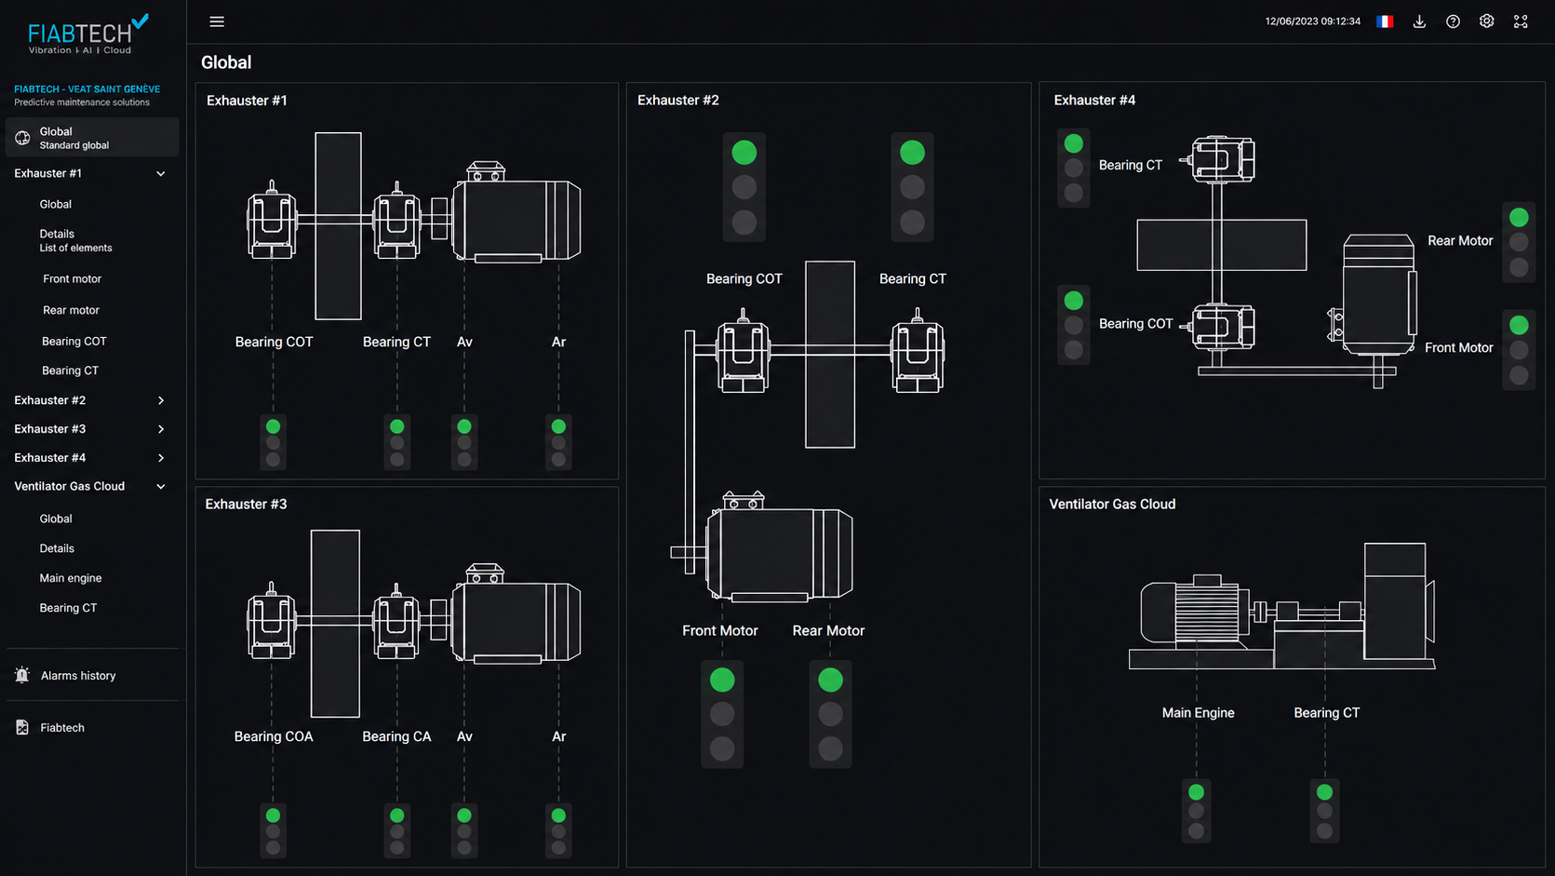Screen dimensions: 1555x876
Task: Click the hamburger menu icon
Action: point(217,21)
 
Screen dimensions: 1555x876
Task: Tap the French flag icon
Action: point(1384,21)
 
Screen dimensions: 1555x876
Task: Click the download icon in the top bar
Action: point(1419,21)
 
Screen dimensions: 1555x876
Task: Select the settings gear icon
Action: point(1486,21)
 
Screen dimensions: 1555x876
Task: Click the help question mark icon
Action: point(1453,21)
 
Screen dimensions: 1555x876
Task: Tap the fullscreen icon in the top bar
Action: point(1521,21)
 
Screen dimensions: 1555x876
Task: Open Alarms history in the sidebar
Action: point(78,675)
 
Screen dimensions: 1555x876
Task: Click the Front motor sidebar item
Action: point(73,278)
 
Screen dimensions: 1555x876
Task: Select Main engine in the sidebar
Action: point(71,578)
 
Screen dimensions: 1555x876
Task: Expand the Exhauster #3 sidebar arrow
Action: point(161,429)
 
